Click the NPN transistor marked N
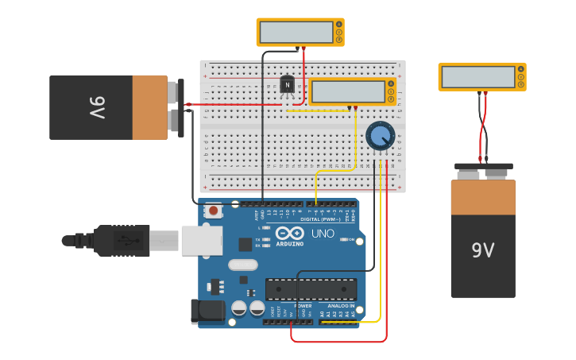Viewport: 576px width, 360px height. coord(288,84)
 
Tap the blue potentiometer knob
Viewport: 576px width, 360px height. coord(380,135)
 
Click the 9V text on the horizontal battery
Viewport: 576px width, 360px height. coord(96,107)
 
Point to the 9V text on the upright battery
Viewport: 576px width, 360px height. coord(482,250)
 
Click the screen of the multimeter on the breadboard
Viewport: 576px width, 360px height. coord(348,91)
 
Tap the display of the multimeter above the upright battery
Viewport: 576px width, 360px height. coord(478,77)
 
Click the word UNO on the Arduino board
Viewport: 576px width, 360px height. coord(323,234)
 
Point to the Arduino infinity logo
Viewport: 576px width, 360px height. coord(290,234)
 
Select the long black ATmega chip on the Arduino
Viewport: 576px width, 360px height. coord(311,289)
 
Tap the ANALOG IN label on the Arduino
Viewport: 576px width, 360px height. coord(341,306)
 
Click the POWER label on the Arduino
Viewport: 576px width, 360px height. coord(303,306)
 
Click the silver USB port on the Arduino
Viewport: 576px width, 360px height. coord(201,240)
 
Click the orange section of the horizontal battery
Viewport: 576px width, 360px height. coord(149,107)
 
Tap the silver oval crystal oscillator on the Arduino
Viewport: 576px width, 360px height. coord(243,265)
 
